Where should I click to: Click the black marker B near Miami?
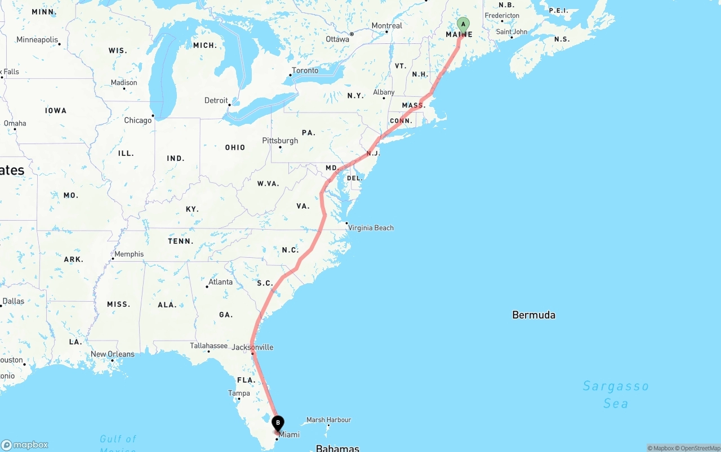pos(278,423)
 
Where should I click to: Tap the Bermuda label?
pos(533,315)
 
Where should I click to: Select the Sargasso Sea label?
pos(616,394)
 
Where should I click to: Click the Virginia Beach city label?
pos(371,228)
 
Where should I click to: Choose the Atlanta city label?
pos(220,282)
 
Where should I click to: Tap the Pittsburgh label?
pos(280,141)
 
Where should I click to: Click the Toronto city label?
pos(305,70)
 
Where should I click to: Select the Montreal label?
pos(386,26)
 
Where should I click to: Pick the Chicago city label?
pos(138,120)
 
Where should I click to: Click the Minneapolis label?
pos(37,40)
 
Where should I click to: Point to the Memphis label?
pos(129,254)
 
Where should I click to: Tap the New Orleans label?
pos(113,354)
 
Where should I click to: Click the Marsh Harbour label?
pos(328,420)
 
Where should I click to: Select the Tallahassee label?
pos(208,346)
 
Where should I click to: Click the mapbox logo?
pos(25,445)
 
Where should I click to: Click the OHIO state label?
pos(235,147)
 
